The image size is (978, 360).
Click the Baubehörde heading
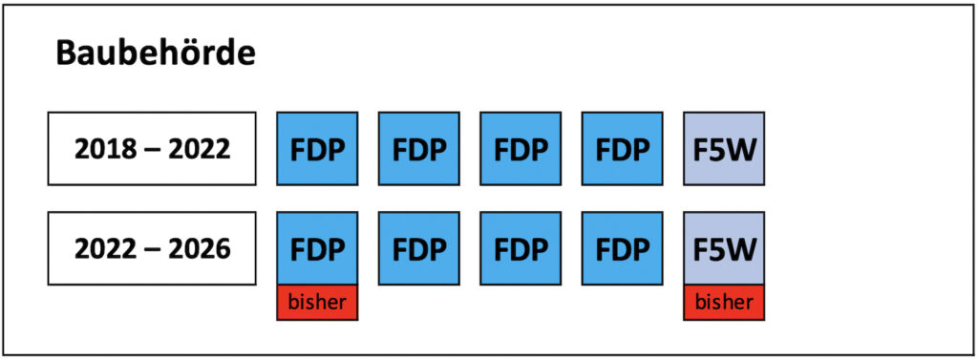(x=155, y=53)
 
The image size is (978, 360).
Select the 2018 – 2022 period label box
(x=152, y=148)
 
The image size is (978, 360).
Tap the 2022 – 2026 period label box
(x=152, y=248)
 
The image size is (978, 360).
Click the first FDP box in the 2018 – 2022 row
(x=317, y=148)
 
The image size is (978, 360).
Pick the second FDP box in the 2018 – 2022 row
(x=418, y=148)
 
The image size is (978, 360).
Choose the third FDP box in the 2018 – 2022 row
(x=520, y=148)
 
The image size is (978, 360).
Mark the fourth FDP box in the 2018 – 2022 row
(x=622, y=148)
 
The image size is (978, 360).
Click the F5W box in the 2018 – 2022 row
(x=724, y=148)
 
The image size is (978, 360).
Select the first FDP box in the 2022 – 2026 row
(x=317, y=248)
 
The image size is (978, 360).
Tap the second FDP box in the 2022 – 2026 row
(x=418, y=248)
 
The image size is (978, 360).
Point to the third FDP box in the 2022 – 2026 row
(x=520, y=248)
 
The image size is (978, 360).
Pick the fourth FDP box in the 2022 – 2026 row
(x=622, y=248)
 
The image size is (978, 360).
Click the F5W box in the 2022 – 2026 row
(x=724, y=248)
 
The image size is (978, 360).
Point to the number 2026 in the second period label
(x=201, y=249)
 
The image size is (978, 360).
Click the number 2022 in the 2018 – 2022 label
(x=201, y=149)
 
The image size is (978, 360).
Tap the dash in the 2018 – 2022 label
(x=153, y=149)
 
